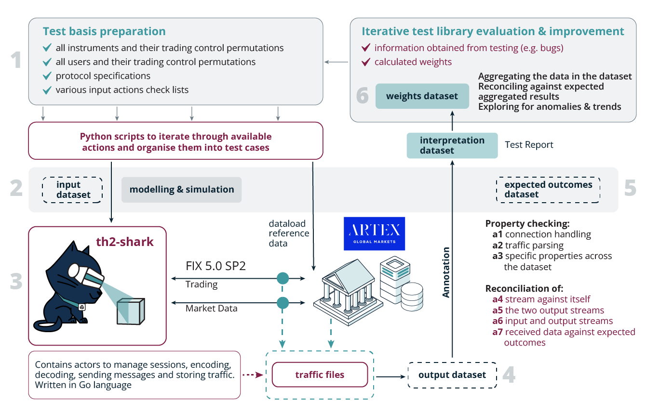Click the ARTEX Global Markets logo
[374, 233]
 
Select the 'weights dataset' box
[422, 96]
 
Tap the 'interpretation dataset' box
[452, 145]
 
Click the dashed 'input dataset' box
[73, 190]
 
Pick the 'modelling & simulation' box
[181, 190]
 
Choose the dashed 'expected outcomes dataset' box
[548, 190]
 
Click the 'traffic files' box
[320, 375]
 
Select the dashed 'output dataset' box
[452, 375]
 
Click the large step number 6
[362, 96]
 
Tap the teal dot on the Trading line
[283, 278]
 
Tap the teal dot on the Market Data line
[283, 303]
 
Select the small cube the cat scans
[131, 311]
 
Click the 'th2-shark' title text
[125, 241]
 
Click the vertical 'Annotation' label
[446, 272]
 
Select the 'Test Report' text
[529, 145]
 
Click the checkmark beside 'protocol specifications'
[47, 76]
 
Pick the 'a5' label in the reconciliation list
[497, 310]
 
